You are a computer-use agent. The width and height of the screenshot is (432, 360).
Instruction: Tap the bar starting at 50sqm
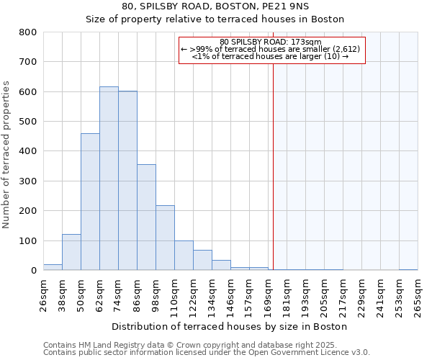[90, 202]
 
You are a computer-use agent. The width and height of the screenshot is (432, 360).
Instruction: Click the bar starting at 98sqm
[165, 238]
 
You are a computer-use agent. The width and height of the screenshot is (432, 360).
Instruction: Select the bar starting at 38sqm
[71, 252]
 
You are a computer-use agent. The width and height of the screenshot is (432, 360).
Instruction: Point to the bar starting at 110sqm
[184, 256]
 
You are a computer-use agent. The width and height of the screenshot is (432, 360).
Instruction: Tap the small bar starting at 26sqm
[53, 267]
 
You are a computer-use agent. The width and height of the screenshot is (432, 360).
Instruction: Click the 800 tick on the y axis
[28, 32]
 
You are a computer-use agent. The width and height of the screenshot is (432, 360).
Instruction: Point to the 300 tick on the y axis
[28, 181]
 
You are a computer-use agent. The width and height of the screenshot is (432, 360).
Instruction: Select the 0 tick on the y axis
[33, 271]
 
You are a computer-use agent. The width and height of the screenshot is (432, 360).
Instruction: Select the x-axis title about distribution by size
[230, 326]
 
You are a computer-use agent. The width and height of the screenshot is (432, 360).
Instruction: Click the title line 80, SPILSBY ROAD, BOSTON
[215, 6]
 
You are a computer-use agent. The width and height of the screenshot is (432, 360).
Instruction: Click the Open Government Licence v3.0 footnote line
[207, 353]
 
